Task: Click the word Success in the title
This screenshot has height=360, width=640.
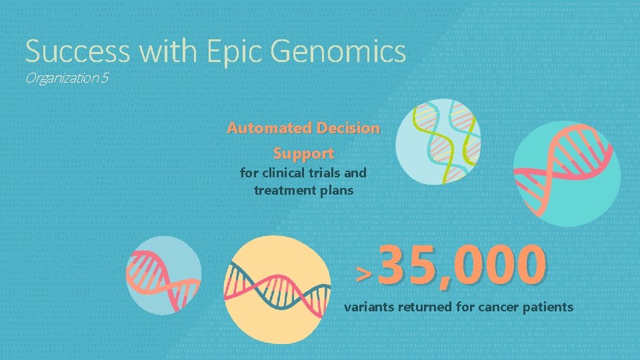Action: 69,51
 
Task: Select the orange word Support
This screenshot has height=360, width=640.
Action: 303,153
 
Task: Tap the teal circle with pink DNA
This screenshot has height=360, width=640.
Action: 567,173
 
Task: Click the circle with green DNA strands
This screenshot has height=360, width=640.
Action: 437,141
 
